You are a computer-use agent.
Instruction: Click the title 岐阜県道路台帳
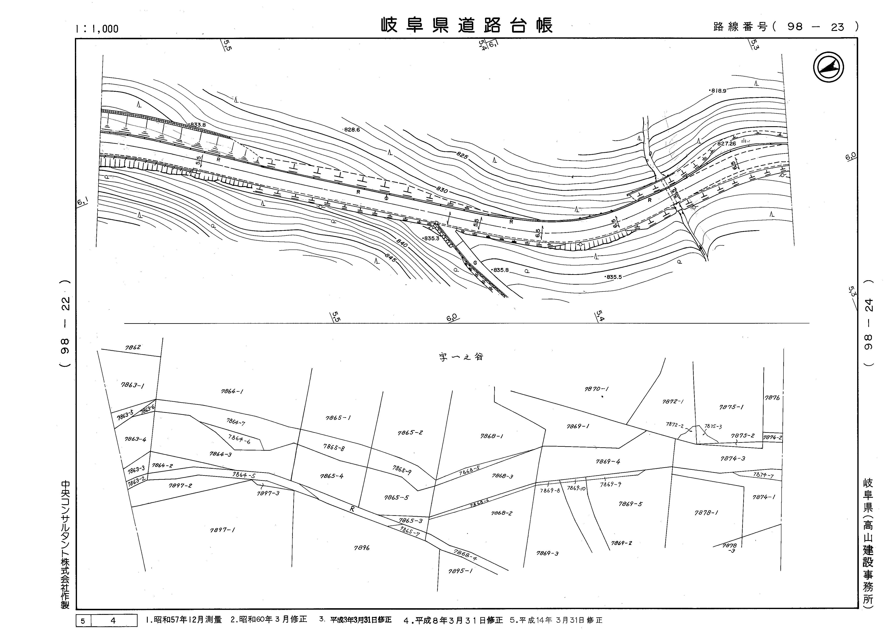(466, 26)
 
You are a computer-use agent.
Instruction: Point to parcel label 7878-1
(706, 513)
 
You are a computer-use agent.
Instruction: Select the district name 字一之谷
(461, 357)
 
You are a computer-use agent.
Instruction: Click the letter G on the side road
(475, 263)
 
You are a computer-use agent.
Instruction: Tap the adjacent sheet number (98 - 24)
(869, 323)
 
